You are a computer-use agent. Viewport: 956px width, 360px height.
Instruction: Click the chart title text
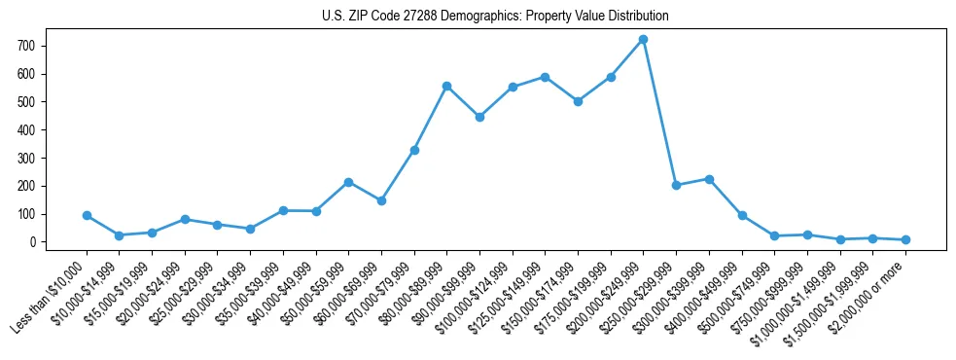[495, 17]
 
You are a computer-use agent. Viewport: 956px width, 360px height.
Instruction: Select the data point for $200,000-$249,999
[643, 40]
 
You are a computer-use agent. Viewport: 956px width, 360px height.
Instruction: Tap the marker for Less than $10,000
[87, 215]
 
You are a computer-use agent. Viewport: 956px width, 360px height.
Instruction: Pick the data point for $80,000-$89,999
[446, 86]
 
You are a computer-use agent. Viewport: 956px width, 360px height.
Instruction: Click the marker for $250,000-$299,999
[676, 185]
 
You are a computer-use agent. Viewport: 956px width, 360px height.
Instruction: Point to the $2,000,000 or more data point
[905, 239]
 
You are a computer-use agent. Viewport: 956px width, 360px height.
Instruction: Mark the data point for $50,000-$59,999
[348, 182]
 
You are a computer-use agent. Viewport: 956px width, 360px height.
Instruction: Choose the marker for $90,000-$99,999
[479, 117]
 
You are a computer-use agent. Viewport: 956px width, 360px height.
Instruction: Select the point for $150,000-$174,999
[578, 101]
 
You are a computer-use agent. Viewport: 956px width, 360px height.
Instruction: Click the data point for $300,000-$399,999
[709, 179]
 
